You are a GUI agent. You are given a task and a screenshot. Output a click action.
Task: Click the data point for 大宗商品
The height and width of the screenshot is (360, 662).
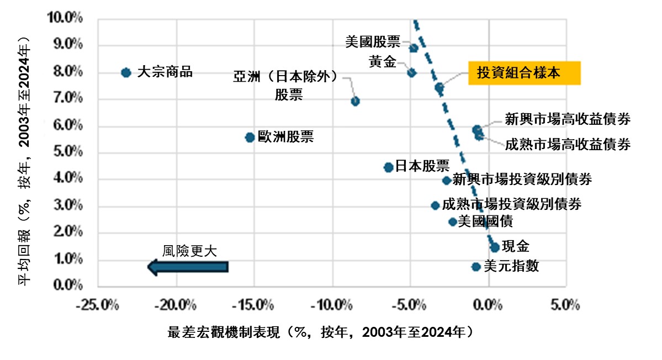[x=126, y=72]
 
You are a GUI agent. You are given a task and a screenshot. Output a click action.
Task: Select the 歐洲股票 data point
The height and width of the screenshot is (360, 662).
[x=250, y=137]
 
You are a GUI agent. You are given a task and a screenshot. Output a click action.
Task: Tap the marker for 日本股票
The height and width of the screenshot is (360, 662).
[x=388, y=167]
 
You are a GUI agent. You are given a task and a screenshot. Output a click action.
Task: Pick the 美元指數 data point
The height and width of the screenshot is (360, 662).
[x=476, y=267]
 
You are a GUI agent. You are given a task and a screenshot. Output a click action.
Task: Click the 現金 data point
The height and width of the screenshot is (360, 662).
[x=495, y=247]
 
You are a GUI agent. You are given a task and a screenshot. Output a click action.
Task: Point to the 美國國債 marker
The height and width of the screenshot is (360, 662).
[x=453, y=221]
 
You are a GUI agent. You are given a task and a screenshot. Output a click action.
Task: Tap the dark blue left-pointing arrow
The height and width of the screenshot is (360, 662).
[x=188, y=267]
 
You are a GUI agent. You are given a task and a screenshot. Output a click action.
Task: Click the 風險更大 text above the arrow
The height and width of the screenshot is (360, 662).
[x=189, y=250]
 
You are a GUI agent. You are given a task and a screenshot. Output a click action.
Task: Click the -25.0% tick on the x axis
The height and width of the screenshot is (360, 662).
[x=99, y=304]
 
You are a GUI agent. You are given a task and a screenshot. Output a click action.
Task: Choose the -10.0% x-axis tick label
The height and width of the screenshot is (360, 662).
[x=332, y=304]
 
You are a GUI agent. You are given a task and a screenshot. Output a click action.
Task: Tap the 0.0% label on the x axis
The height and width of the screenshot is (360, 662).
[x=488, y=304]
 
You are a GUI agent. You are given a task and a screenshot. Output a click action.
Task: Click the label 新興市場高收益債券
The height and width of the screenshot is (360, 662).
[x=568, y=119]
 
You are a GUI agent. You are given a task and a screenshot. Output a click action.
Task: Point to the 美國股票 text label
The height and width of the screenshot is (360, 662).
[x=373, y=41]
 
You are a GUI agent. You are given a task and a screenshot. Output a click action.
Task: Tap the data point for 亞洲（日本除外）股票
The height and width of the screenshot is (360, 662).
[x=356, y=101]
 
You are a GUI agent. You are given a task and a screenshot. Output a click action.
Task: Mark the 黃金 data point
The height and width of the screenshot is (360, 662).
[x=411, y=72]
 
